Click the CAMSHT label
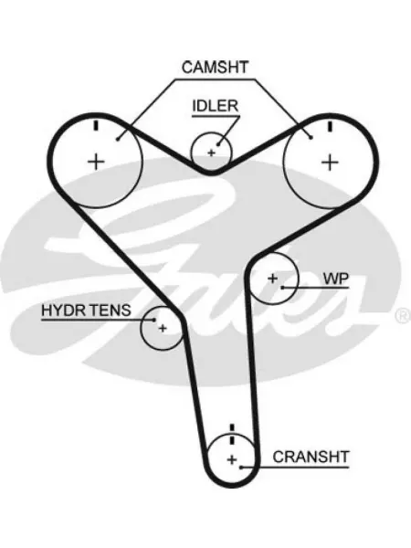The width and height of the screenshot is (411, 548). [215, 67]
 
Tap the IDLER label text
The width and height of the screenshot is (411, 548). [216, 106]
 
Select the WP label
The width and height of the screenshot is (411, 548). [336, 279]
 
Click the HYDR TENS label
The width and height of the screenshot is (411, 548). [86, 310]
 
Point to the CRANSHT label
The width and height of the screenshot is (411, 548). [311, 457]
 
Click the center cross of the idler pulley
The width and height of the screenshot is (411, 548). [211, 153]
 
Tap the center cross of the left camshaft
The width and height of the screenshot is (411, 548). [96, 162]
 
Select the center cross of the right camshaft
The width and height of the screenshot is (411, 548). [330, 163]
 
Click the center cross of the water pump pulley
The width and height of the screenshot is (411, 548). [272, 279]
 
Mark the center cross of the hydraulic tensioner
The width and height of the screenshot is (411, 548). [163, 328]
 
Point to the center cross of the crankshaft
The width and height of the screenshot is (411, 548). [232, 459]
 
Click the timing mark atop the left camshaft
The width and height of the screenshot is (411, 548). [96, 125]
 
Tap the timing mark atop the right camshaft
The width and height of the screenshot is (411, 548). [330, 127]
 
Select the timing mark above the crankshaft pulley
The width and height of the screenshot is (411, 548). [231, 434]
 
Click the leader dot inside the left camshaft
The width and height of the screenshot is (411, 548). [118, 139]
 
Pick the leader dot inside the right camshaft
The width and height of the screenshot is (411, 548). [311, 137]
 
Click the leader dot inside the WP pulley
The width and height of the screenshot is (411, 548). [282, 288]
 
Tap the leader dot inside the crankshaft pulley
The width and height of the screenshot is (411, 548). [241, 467]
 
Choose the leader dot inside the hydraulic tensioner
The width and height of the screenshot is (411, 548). [153, 320]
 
